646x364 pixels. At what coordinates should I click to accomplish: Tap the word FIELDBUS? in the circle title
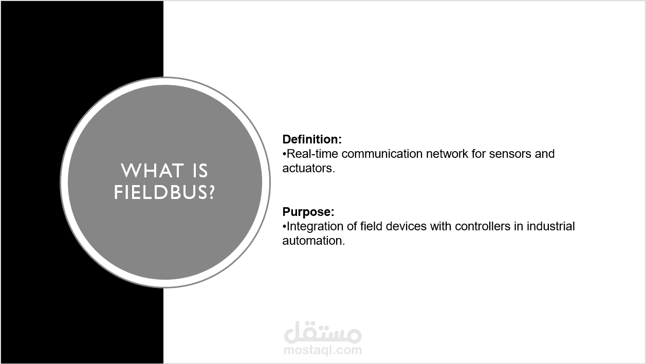click(164, 192)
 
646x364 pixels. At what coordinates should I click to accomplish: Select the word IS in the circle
click(199, 171)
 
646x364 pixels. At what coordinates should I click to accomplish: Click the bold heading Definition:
click(312, 139)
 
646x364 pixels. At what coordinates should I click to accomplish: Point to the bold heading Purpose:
click(308, 212)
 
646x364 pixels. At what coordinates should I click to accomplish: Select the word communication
click(382, 154)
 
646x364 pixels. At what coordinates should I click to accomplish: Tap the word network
click(447, 154)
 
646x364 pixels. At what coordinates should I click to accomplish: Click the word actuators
click(308, 169)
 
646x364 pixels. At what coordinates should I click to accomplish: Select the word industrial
click(551, 226)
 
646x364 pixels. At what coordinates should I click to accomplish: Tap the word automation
click(313, 241)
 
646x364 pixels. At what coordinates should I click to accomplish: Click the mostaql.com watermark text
click(323, 350)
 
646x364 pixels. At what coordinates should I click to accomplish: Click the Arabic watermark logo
click(323, 332)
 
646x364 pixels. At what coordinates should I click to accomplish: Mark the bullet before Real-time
click(284, 154)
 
